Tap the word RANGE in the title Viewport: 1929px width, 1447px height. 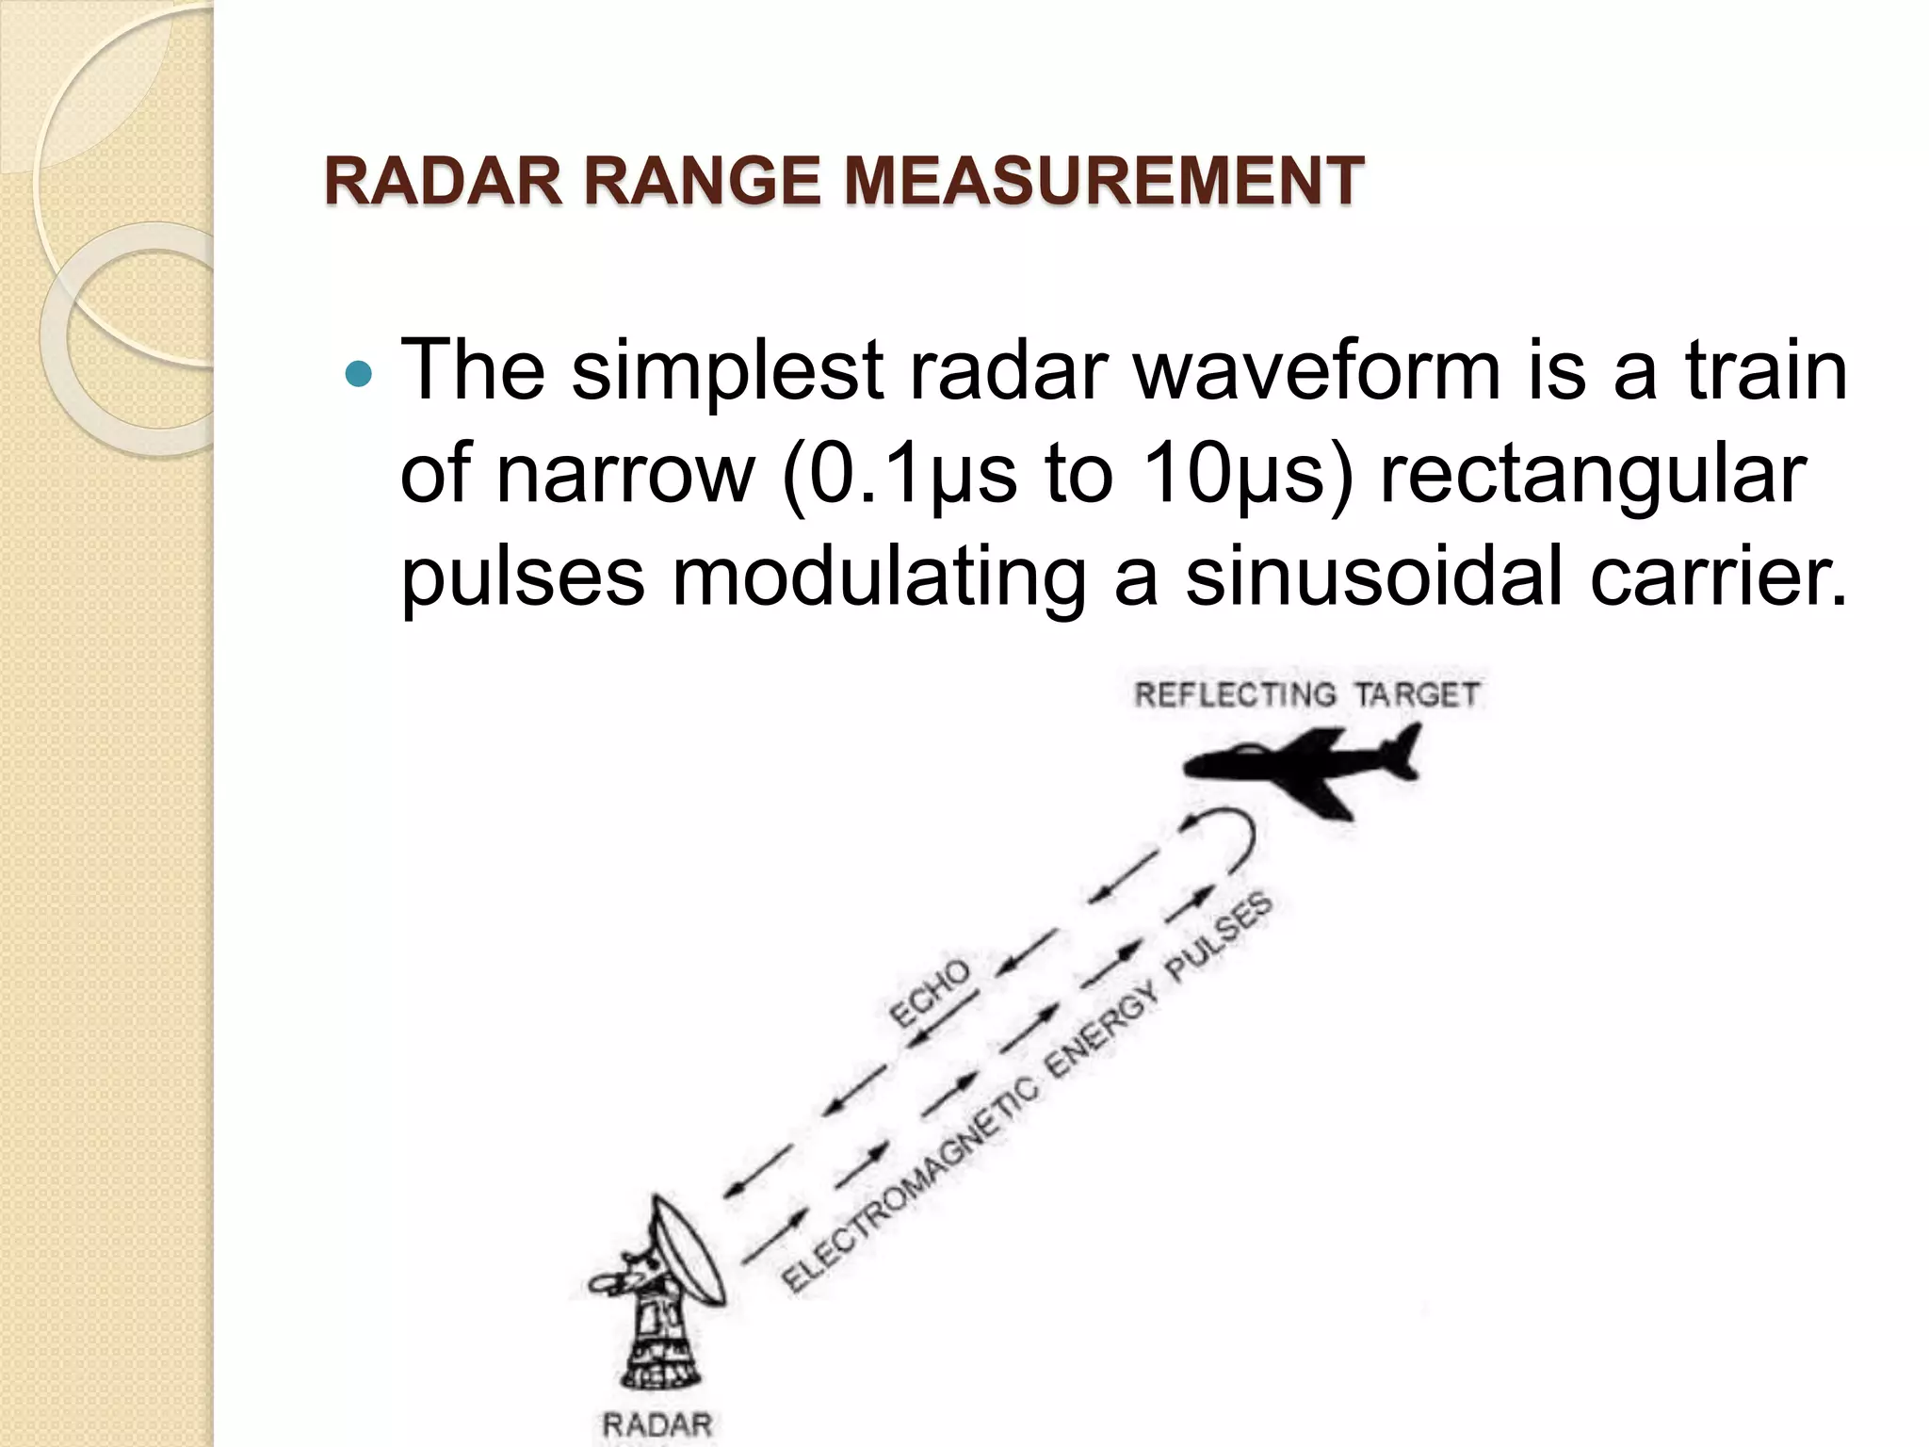point(702,181)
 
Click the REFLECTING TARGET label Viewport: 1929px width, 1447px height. point(1307,695)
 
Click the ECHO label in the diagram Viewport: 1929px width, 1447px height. point(929,994)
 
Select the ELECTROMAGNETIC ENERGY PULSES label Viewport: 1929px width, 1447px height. point(1027,1093)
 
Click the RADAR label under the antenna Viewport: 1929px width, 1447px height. point(657,1425)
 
